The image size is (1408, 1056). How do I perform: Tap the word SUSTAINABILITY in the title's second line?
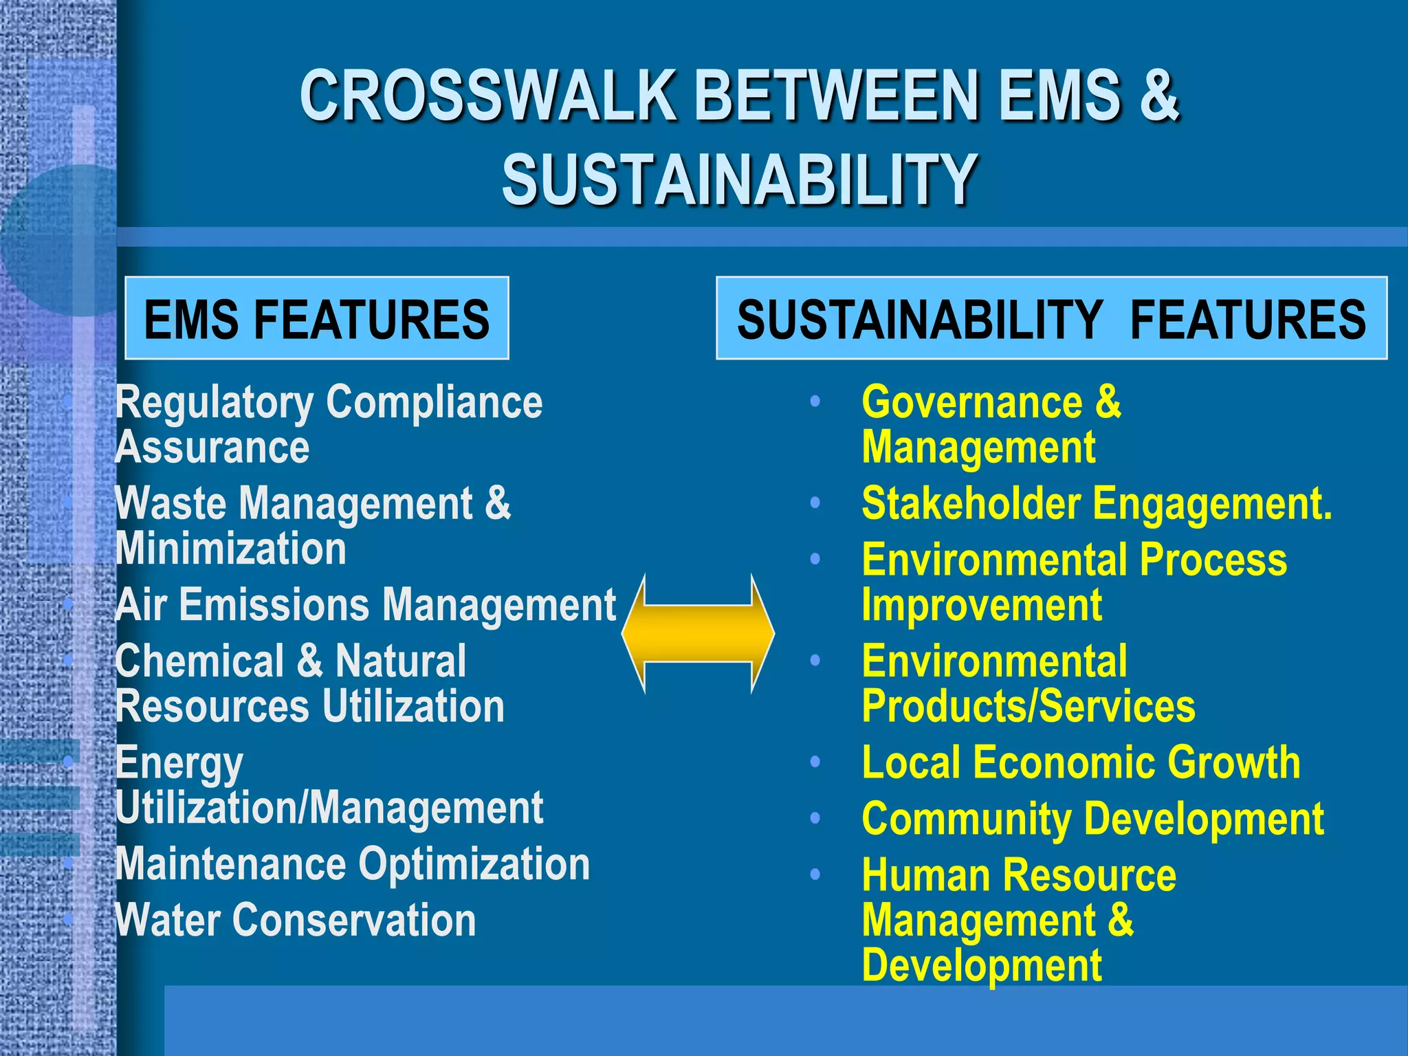(x=739, y=180)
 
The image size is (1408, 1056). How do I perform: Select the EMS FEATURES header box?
(x=317, y=319)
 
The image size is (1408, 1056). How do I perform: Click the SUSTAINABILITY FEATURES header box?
(x=1051, y=319)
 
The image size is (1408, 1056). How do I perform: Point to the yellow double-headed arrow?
(x=698, y=634)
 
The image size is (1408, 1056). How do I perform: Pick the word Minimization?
(x=231, y=549)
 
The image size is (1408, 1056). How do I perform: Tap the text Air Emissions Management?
(x=365, y=605)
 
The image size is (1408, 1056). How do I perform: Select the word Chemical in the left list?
(x=199, y=661)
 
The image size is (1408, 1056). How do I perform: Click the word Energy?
(x=179, y=763)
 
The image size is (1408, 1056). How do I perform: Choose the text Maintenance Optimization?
(x=352, y=863)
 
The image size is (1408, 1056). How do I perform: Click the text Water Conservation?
(x=296, y=920)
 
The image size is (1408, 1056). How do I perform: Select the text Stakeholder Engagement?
(x=1097, y=504)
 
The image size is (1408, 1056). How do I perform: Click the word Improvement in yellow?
(x=982, y=605)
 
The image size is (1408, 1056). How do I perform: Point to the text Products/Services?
(x=1028, y=706)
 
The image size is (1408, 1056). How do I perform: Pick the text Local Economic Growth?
(x=1081, y=762)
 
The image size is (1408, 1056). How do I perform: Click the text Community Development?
(x=1092, y=819)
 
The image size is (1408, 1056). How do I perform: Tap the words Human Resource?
(x=1019, y=875)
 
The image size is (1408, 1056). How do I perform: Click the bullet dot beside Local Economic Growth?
(x=815, y=762)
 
